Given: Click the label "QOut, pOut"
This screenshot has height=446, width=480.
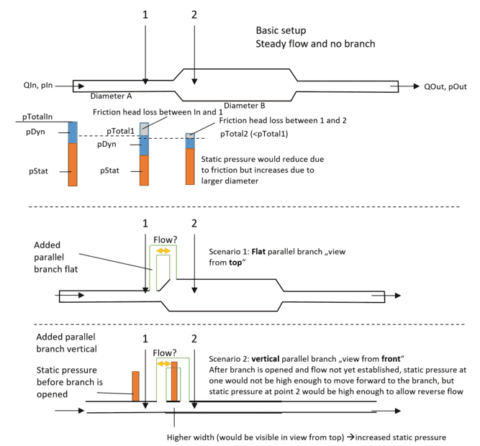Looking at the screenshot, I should [x=445, y=86].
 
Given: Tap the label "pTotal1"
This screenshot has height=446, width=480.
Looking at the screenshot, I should [x=119, y=132].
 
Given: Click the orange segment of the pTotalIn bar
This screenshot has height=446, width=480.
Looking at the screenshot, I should [x=72, y=165].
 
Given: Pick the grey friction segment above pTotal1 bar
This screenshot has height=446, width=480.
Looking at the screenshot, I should [x=144, y=128].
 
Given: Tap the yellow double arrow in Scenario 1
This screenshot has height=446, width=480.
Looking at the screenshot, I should [x=165, y=250].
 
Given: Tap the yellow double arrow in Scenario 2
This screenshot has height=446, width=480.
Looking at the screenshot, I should [x=168, y=364].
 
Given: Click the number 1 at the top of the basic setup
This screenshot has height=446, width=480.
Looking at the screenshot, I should [x=145, y=14].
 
